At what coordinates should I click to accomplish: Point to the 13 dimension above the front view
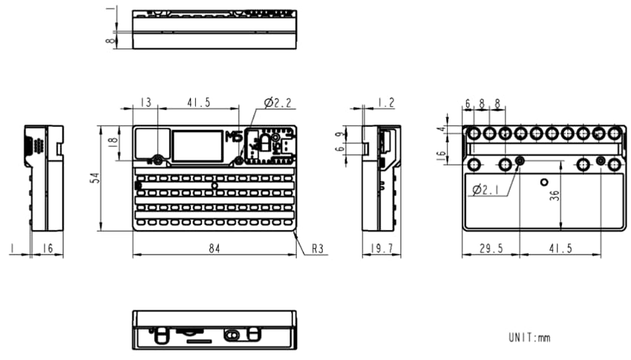(145, 102)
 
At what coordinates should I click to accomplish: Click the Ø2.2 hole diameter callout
(276, 102)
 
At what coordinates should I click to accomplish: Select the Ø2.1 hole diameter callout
(486, 189)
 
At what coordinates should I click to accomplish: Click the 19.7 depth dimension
(380, 249)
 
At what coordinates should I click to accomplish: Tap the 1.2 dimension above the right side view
(385, 102)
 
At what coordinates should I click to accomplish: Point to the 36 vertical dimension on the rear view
(555, 194)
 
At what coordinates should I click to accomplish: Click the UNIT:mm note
(529, 338)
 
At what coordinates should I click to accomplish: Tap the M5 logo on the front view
(233, 138)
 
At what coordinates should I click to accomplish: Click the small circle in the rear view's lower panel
(544, 182)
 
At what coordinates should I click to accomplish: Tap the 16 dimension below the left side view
(46, 249)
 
